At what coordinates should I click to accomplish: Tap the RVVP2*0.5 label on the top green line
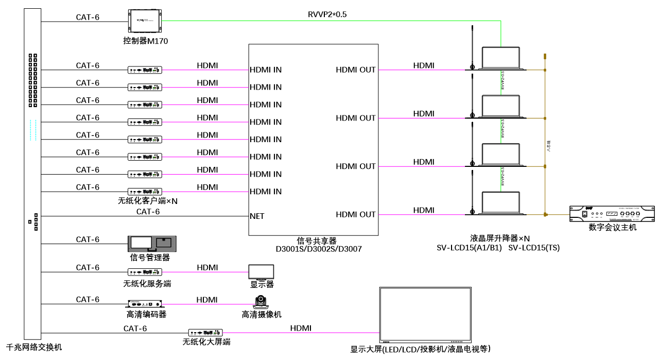click(x=327, y=14)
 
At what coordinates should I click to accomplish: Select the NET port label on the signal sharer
click(x=257, y=216)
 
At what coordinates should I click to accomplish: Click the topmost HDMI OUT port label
click(x=356, y=70)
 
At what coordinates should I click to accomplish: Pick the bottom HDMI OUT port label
click(x=356, y=214)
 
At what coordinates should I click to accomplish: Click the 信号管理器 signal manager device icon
click(x=152, y=244)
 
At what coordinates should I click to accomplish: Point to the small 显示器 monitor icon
click(x=261, y=272)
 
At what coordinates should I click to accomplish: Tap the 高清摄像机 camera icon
click(x=262, y=302)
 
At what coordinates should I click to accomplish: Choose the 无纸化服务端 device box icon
click(x=145, y=271)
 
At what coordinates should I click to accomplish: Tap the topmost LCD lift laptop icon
click(x=500, y=58)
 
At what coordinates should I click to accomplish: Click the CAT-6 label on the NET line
click(x=148, y=211)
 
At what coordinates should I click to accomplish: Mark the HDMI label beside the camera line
click(x=207, y=299)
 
